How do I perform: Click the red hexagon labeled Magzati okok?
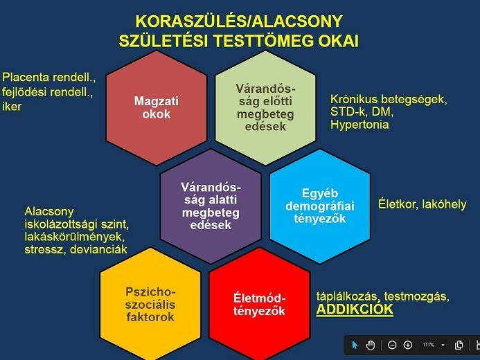pos(156,107)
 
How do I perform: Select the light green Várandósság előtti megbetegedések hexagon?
pos(265,108)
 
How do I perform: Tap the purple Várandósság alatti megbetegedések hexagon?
pos(211,206)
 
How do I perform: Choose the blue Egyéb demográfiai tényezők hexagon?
pos(319,206)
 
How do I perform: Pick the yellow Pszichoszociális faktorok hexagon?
pos(150,303)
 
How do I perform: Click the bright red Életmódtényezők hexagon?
pos(259,303)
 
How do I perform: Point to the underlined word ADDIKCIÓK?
pos(355,309)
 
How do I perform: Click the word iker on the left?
pos(12,107)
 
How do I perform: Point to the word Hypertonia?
pos(359,125)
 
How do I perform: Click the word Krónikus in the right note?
pos(353,99)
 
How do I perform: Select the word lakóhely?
pos(444,204)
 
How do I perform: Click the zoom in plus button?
pos(408,345)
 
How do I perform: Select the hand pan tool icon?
pos(371,345)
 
